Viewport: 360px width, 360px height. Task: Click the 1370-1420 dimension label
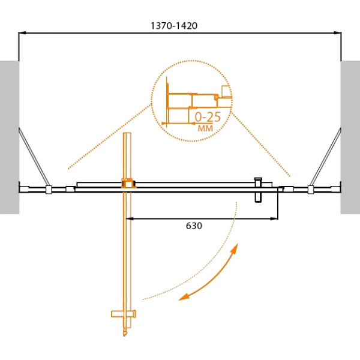pos(174,26)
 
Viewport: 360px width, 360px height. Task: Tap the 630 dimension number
pos(194,226)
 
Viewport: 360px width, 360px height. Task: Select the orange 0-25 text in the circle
pos(208,117)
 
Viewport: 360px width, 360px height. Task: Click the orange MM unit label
pos(205,128)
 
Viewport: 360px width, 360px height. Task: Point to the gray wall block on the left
pos(10,137)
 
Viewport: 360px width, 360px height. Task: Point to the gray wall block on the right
pos(350,137)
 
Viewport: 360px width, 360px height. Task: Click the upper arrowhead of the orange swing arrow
pos(235,248)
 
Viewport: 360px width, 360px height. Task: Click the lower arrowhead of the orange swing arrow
pos(184,297)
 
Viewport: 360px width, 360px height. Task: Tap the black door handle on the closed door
pos(258,190)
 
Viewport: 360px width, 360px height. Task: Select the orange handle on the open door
pos(124,314)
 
